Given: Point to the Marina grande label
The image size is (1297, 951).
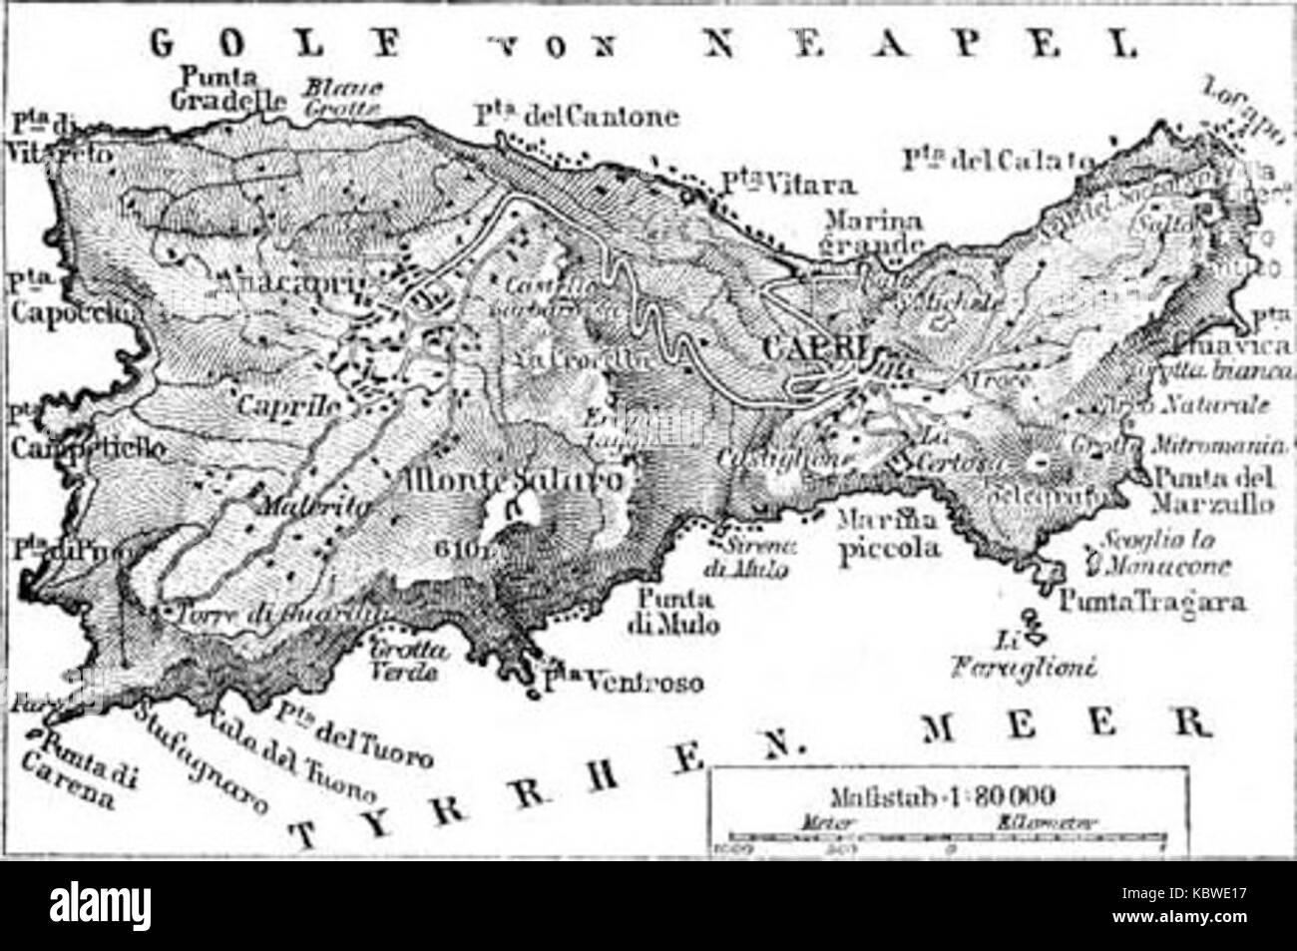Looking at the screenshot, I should pos(867,233).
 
